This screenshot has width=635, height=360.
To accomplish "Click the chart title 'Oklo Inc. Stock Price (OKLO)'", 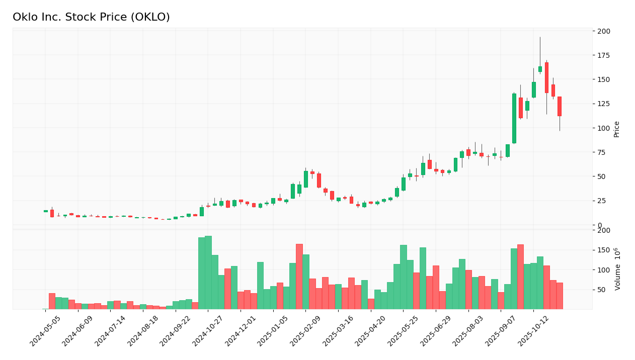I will (x=91, y=18).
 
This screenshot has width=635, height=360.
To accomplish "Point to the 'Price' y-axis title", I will (x=616, y=129).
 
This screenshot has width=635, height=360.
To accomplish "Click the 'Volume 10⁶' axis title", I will (x=617, y=269).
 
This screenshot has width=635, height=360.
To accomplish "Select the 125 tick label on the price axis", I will (x=604, y=104).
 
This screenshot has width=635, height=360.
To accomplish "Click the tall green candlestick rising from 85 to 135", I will (x=514, y=118).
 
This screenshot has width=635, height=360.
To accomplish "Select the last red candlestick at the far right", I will (x=560, y=107).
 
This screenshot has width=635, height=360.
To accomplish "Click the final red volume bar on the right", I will (x=560, y=296).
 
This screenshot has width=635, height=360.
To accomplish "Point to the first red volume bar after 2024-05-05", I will (x=52, y=301).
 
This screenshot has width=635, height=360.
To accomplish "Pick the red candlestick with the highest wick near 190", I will (x=546, y=77).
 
